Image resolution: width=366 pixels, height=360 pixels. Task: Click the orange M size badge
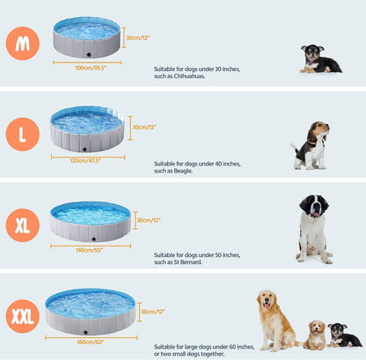point(22,43)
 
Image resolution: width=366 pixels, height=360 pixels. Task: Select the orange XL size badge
point(22,224)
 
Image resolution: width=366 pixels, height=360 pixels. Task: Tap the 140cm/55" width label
point(90,250)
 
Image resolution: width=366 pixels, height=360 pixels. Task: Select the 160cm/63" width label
point(90,341)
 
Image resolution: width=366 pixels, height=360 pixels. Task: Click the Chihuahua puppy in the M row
point(318,59)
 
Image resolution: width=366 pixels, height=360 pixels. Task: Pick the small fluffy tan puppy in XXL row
point(315,334)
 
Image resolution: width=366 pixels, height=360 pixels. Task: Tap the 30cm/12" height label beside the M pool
point(139,38)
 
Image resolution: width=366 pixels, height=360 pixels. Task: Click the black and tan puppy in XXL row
point(342,334)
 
